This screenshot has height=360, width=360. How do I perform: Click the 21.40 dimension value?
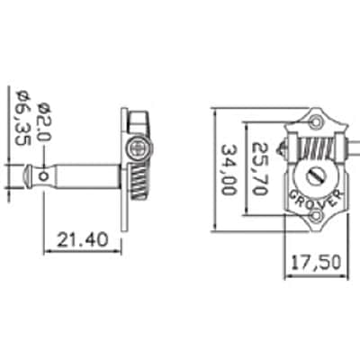point(83,240)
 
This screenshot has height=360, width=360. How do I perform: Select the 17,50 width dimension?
point(316,262)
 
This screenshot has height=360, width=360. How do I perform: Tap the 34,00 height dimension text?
point(229,170)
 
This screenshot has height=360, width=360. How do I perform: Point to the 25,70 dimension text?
point(259,168)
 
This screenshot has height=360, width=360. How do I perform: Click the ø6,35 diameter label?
point(22,118)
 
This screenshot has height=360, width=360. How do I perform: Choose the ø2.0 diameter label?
point(44,122)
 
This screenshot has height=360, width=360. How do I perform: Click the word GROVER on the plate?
point(316,200)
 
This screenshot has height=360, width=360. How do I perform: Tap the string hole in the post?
point(44,176)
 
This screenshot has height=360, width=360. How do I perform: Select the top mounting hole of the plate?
point(317,121)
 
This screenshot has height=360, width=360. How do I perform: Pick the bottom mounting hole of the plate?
point(316,215)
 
